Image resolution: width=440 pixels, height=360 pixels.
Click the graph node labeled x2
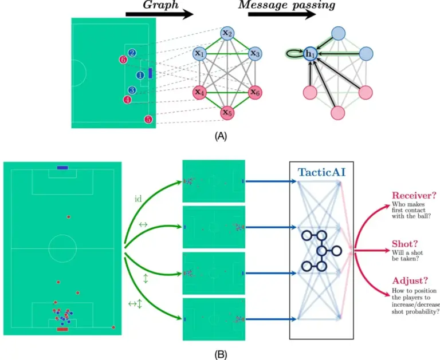pos(226,33)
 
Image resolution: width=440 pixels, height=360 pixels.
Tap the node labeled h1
pos(310,54)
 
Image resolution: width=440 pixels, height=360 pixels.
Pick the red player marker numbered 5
pos(148,119)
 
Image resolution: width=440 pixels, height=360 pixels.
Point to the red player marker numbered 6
pos(123,60)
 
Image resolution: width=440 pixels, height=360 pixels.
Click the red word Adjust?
pos(409,280)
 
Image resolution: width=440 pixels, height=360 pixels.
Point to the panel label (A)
pos(219,137)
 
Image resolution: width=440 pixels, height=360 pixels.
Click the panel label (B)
pos(219,354)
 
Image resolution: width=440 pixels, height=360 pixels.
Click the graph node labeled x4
pos(199,92)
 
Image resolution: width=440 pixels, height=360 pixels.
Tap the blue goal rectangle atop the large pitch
pos(62,168)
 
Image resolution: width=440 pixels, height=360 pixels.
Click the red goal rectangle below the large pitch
pos(62,330)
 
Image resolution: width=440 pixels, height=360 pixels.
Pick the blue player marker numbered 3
pos(132,90)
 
